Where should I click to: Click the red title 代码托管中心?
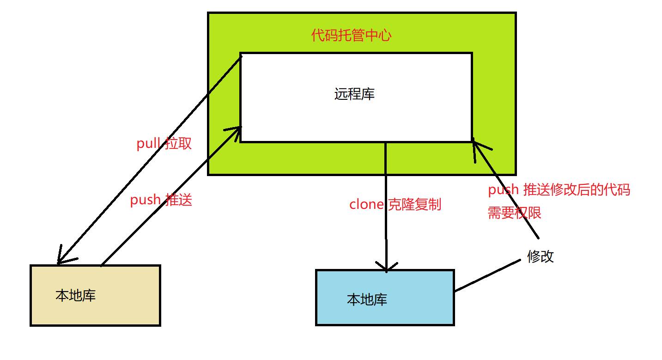point(351,36)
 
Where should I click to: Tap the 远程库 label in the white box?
point(354,94)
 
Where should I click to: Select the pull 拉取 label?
point(164,144)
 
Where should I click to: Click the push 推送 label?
point(161,200)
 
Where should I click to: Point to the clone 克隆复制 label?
point(395,204)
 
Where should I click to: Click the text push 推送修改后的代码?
point(559,190)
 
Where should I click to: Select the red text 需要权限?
point(515,213)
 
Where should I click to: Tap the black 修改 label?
point(540,256)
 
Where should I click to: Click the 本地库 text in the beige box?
point(75,295)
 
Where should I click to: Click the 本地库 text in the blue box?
point(367,300)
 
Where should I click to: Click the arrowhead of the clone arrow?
point(386,267)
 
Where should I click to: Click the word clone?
point(367,204)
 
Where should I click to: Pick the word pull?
point(148,144)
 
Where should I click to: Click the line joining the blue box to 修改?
point(487,276)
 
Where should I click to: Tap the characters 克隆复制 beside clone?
point(414,204)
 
